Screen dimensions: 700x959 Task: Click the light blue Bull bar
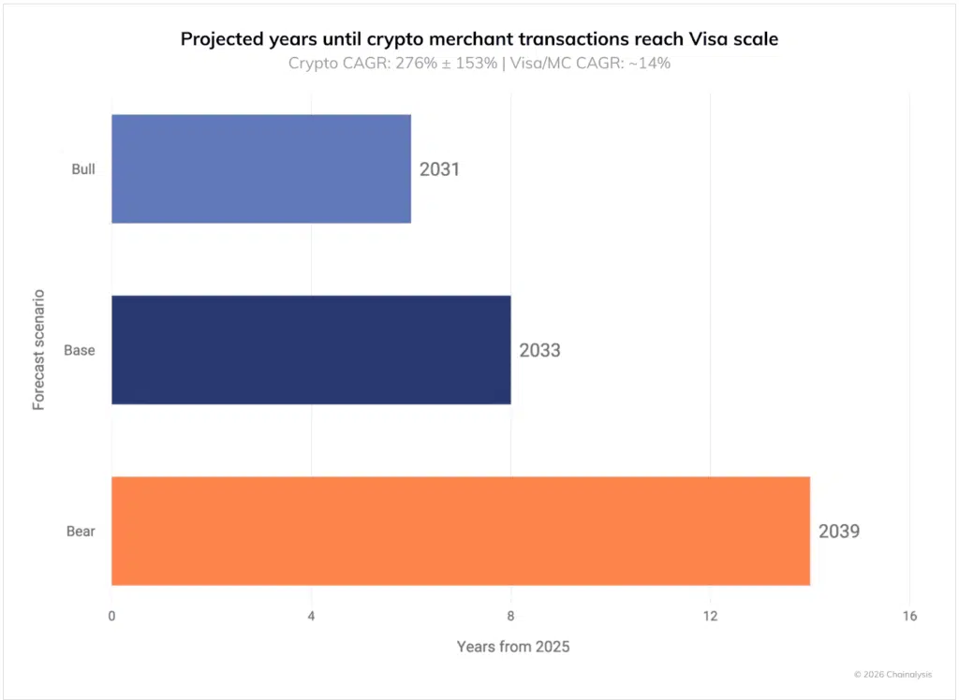pos(260,168)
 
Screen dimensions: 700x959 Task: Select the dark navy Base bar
pos(311,350)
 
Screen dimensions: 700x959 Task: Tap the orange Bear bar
pos(460,531)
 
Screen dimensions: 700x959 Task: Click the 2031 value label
pos(439,170)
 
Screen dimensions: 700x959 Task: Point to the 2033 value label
pos(539,351)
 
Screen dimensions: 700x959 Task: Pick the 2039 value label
pos(838,532)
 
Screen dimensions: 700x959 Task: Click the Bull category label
pos(83,169)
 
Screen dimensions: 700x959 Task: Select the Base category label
pos(80,350)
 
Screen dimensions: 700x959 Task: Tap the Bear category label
pos(81,532)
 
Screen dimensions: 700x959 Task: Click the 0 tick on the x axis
pos(111,616)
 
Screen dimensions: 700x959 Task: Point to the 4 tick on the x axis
pos(311,616)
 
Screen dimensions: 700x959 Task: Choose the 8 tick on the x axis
pos(510,616)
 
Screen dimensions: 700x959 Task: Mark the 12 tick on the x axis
pos(710,616)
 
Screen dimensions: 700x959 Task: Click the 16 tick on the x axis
pos(909,616)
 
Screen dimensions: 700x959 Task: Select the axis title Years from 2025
pos(512,647)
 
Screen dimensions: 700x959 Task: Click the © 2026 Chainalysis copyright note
pos(892,674)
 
